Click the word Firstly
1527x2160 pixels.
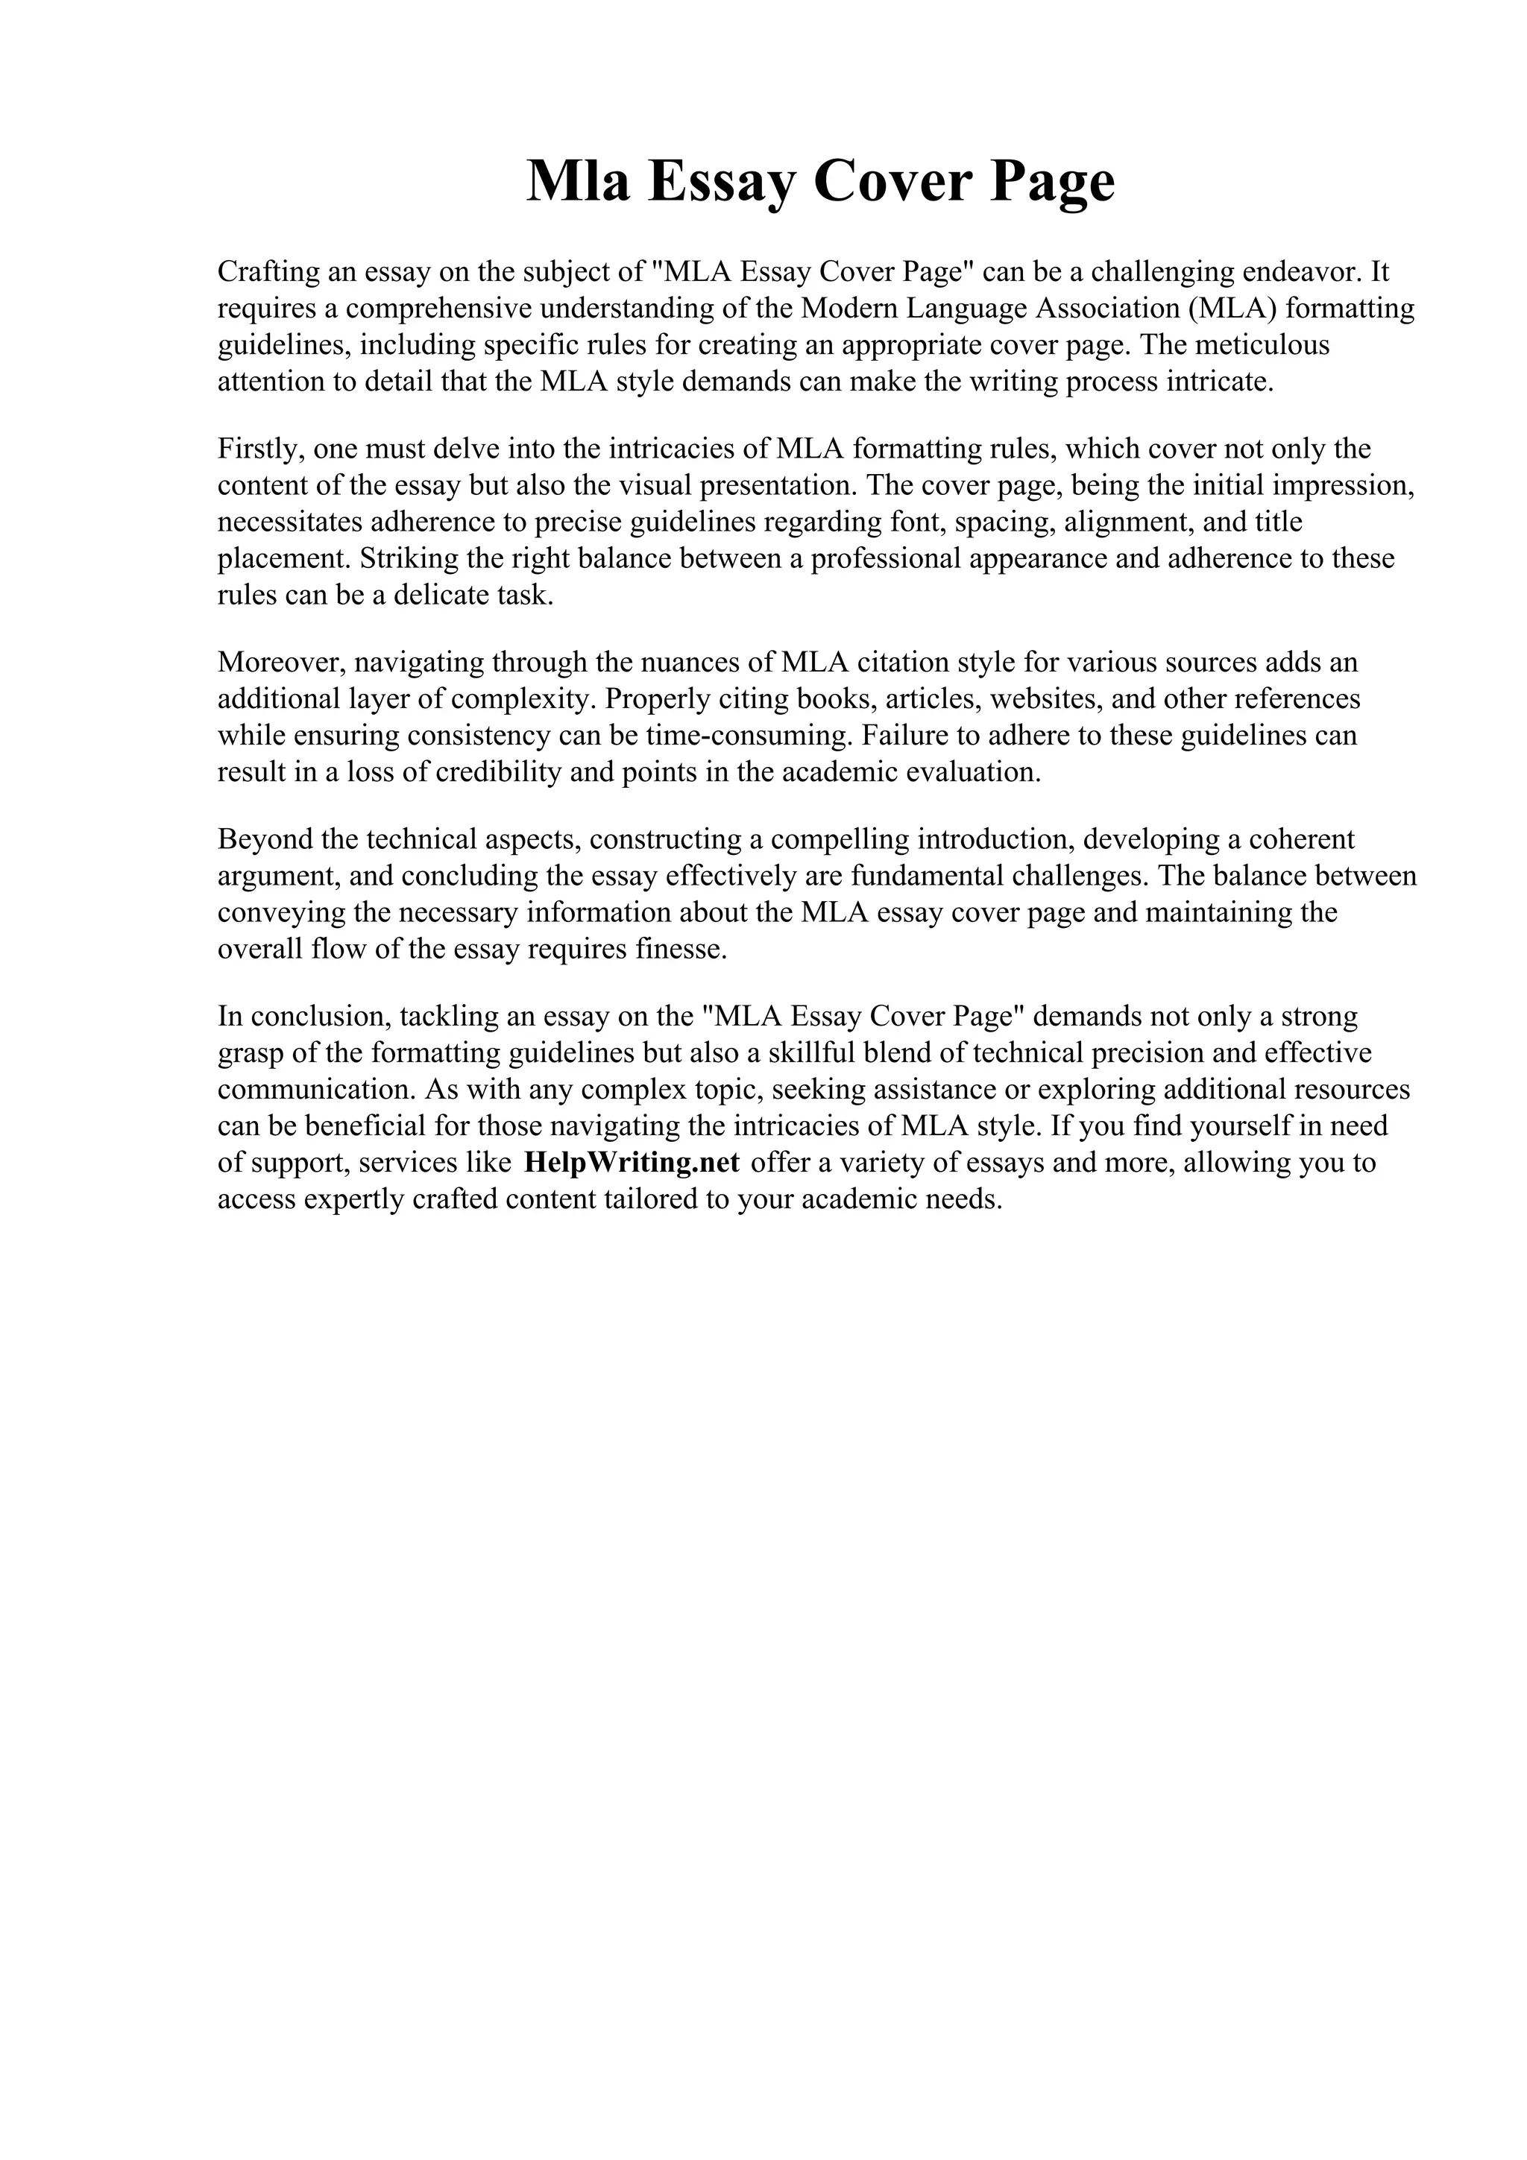(x=259, y=449)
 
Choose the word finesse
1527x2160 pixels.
(x=680, y=950)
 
